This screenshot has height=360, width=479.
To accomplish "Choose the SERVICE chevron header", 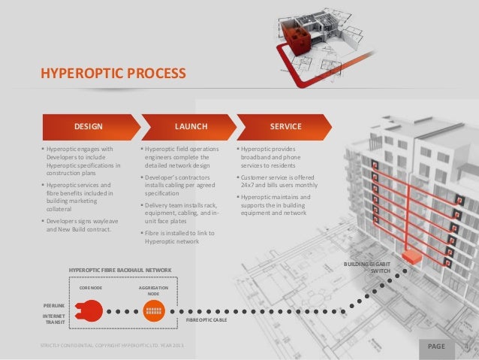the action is point(286,126).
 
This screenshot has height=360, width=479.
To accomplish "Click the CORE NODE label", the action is point(91,287).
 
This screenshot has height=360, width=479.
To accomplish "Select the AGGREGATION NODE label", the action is point(153,290).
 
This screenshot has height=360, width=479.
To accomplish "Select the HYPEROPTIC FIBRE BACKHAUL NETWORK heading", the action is point(120,269).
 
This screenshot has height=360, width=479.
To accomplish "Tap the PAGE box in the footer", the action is point(436,346).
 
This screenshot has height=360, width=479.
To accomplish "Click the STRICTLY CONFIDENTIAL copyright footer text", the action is point(115,346).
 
